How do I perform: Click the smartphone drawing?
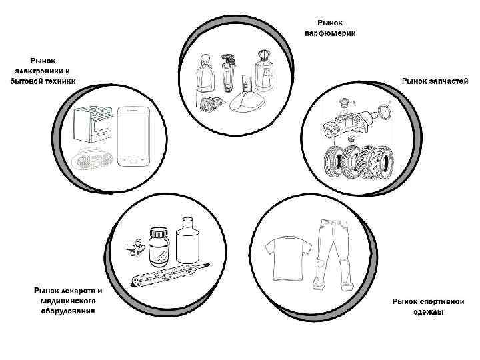(135, 137)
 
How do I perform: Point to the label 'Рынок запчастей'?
(434, 81)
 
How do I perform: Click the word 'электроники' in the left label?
(42, 71)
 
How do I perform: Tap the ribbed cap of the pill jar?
(159, 233)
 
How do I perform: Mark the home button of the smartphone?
(135, 162)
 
